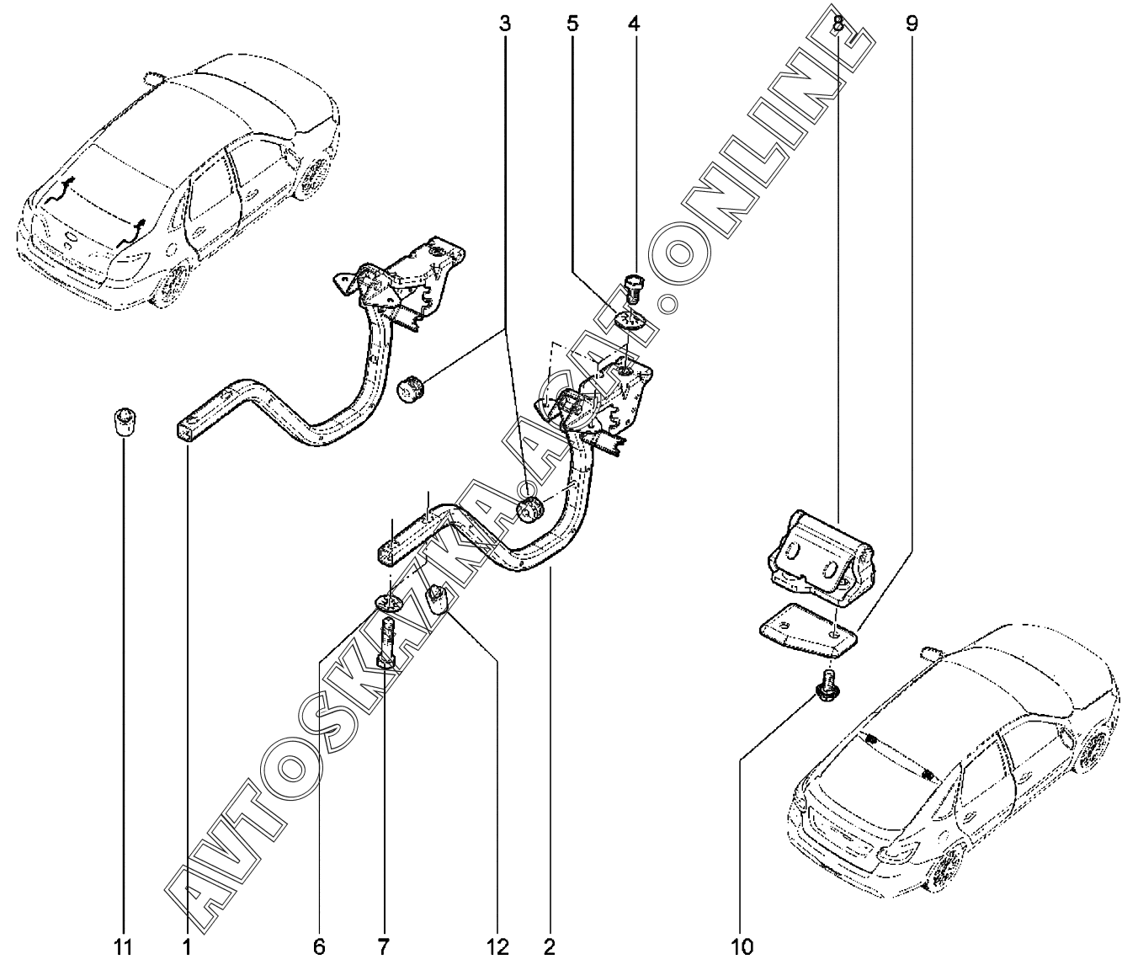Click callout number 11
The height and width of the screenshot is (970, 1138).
click(x=123, y=948)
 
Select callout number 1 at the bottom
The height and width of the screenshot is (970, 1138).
click(x=187, y=948)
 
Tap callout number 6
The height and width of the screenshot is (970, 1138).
click(x=319, y=948)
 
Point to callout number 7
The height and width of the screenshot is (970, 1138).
click(x=383, y=948)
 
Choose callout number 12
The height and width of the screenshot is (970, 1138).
click(x=498, y=948)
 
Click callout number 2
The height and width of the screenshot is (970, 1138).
click(x=550, y=948)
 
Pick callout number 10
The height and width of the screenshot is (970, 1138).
click(x=742, y=948)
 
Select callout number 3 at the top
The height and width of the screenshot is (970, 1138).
click(x=505, y=24)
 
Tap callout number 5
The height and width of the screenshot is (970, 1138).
click(x=572, y=24)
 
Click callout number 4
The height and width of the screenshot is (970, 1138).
click(x=634, y=24)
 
